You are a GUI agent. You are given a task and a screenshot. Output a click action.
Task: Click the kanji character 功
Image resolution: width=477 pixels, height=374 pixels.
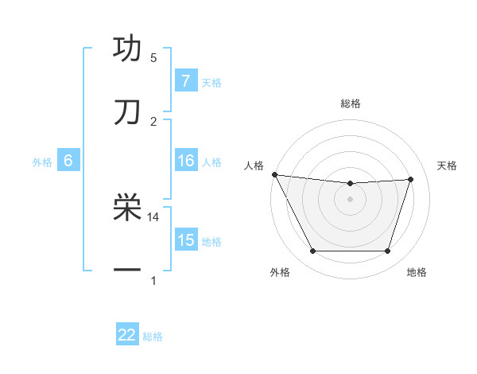tap(127, 49)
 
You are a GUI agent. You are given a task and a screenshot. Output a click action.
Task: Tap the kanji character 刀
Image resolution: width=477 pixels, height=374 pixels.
tap(127, 112)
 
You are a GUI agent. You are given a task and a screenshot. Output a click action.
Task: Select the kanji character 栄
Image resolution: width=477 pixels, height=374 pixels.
tap(127, 208)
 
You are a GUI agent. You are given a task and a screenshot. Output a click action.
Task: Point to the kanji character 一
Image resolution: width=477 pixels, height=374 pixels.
tap(127, 271)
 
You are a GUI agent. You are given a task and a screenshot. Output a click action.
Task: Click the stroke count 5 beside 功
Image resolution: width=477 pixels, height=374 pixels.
tap(153, 58)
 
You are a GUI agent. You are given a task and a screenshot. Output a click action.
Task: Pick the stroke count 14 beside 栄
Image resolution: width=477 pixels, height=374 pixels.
tap(153, 216)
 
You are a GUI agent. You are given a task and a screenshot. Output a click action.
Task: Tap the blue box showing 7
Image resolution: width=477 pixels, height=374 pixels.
tap(186, 81)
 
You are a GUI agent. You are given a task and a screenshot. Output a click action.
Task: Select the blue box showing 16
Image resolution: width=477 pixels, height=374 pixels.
tap(186, 161)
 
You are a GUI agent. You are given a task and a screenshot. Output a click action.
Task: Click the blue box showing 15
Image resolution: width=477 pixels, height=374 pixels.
tap(186, 240)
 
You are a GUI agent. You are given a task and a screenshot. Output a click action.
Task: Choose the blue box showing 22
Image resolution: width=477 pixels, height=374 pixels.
tap(127, 335)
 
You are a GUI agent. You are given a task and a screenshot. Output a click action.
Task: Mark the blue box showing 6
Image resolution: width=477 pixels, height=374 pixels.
tap(68, 161)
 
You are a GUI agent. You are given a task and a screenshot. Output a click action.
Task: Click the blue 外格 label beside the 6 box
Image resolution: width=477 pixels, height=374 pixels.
tap(42, 162)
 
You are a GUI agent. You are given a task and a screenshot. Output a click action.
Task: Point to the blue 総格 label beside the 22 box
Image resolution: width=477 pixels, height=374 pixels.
tap(153, 337)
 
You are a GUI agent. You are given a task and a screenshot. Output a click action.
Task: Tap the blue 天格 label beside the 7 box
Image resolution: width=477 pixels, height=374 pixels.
tap(211, 82)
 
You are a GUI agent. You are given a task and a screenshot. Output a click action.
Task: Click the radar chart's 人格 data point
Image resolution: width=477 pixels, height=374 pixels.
tap(274, 174)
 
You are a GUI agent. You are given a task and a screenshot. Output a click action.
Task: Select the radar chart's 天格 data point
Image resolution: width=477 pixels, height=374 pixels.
tap(411, 179)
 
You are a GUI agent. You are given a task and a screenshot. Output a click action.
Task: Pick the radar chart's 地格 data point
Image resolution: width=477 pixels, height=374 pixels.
tap(388, 251)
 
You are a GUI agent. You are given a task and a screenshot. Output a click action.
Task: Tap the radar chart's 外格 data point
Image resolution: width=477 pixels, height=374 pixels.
tap(312, 251)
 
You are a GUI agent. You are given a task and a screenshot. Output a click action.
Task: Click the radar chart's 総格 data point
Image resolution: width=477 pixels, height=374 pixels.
tap(351, 184)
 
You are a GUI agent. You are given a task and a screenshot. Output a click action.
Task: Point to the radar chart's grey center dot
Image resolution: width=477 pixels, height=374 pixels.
tap(351, 199)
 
